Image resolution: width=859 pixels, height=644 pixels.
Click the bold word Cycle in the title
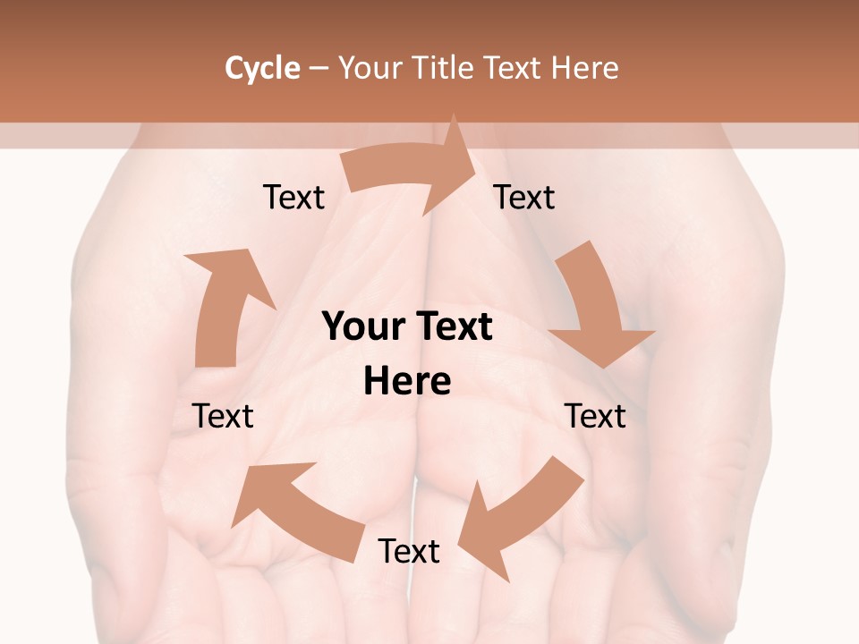pyautogui.click(x=262, y=68)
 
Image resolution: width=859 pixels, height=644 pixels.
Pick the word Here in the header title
pyautogui.click(x=586, y=68)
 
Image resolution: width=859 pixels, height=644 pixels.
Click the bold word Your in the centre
pyautogui.click(x=361, y=326)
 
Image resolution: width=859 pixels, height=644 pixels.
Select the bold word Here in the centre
pyautogui.click(x=407, y=381)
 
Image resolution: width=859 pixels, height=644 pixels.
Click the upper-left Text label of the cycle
pyautogui.click(x=293, y=197)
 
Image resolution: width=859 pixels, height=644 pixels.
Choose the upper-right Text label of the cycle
pyautogui.click(x=524, y=197)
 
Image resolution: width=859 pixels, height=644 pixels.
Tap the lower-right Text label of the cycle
pyautogui.click(x=595, y=416)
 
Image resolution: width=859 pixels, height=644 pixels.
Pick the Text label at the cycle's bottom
pyautogui.click(x=409, y=551)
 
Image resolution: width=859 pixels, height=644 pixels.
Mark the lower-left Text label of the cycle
pyautogui.click(x=224, y=416)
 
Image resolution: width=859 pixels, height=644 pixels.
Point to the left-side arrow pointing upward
pyautogui.click(x=224, y=304)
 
